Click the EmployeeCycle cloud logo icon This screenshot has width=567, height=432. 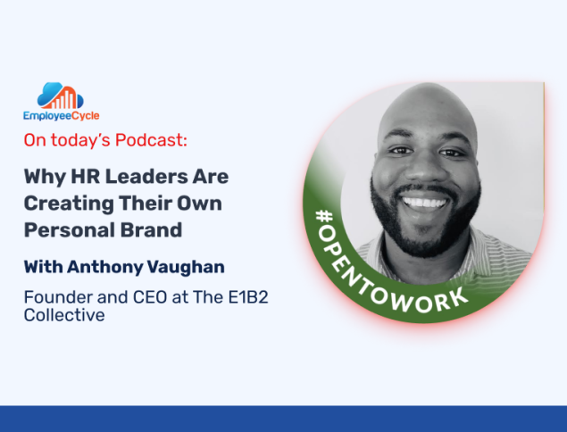point(61,96)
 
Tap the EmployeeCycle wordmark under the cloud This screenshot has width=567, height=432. point(61,116)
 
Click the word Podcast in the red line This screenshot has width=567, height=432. point(151,140)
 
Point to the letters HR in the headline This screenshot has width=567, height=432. point(85,177)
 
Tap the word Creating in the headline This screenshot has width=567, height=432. point(69,204)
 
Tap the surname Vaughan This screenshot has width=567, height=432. point(186,268)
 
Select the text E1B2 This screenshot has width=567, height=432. point(248,297)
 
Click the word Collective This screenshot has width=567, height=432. point(64,315)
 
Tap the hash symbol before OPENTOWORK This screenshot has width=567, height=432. point(324,216)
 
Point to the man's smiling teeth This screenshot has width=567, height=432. point(424,203)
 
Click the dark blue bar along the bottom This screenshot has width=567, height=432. point(284,419)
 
